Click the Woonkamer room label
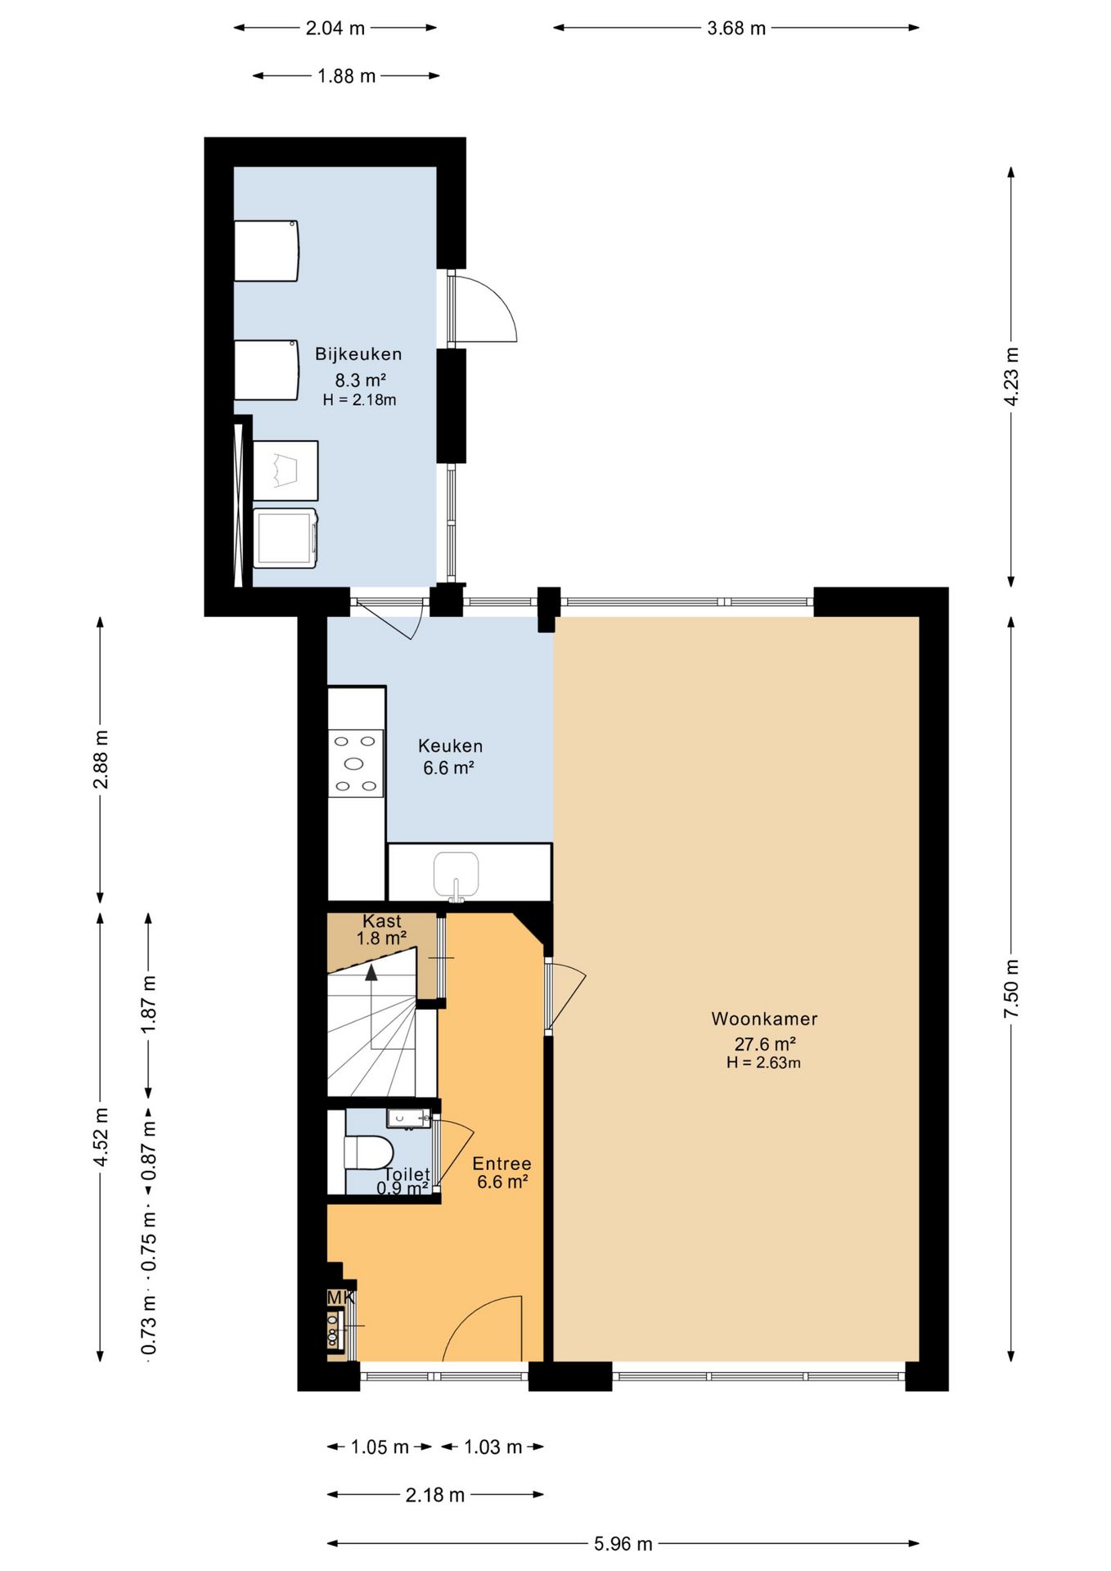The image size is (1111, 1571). pyautogui.click(x=764, y=1019)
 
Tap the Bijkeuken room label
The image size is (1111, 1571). pyautogui.click(x=358, y=354)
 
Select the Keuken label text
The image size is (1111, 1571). pyautogui.click(x=450, y=745)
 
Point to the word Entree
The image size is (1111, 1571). pyautogui.click(x=502, y=1164)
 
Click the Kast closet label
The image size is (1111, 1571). pyautogui.click(x=382, y=921)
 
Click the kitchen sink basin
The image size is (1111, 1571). pyautogui.click(x=456, y=873)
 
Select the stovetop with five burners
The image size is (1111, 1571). pyautogui.click(x=356, y=763)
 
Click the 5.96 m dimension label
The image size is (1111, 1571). pyautogui.click(x=623, y=1543)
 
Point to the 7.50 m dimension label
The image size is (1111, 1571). pyautogui.click(x=1011, y=988)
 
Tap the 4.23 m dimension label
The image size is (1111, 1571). pyautogui.click(x=1011, y=376)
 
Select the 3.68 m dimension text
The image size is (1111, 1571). pyautogui.click(x=736, y=28)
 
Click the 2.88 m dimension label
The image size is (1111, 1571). pyautogui.click(x=101, y=759)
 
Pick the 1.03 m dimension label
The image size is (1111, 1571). pyautogui.click(x=493, y=1447)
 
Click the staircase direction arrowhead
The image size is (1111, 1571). pyautogui.click(x=371, y=972)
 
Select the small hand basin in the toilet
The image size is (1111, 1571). pyautogui.click(x=408, y=1119)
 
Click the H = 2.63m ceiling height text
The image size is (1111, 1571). pyautogui.click(x=763, y=1063)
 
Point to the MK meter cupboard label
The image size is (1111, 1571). pyautogui.click(x=340, y=1298)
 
